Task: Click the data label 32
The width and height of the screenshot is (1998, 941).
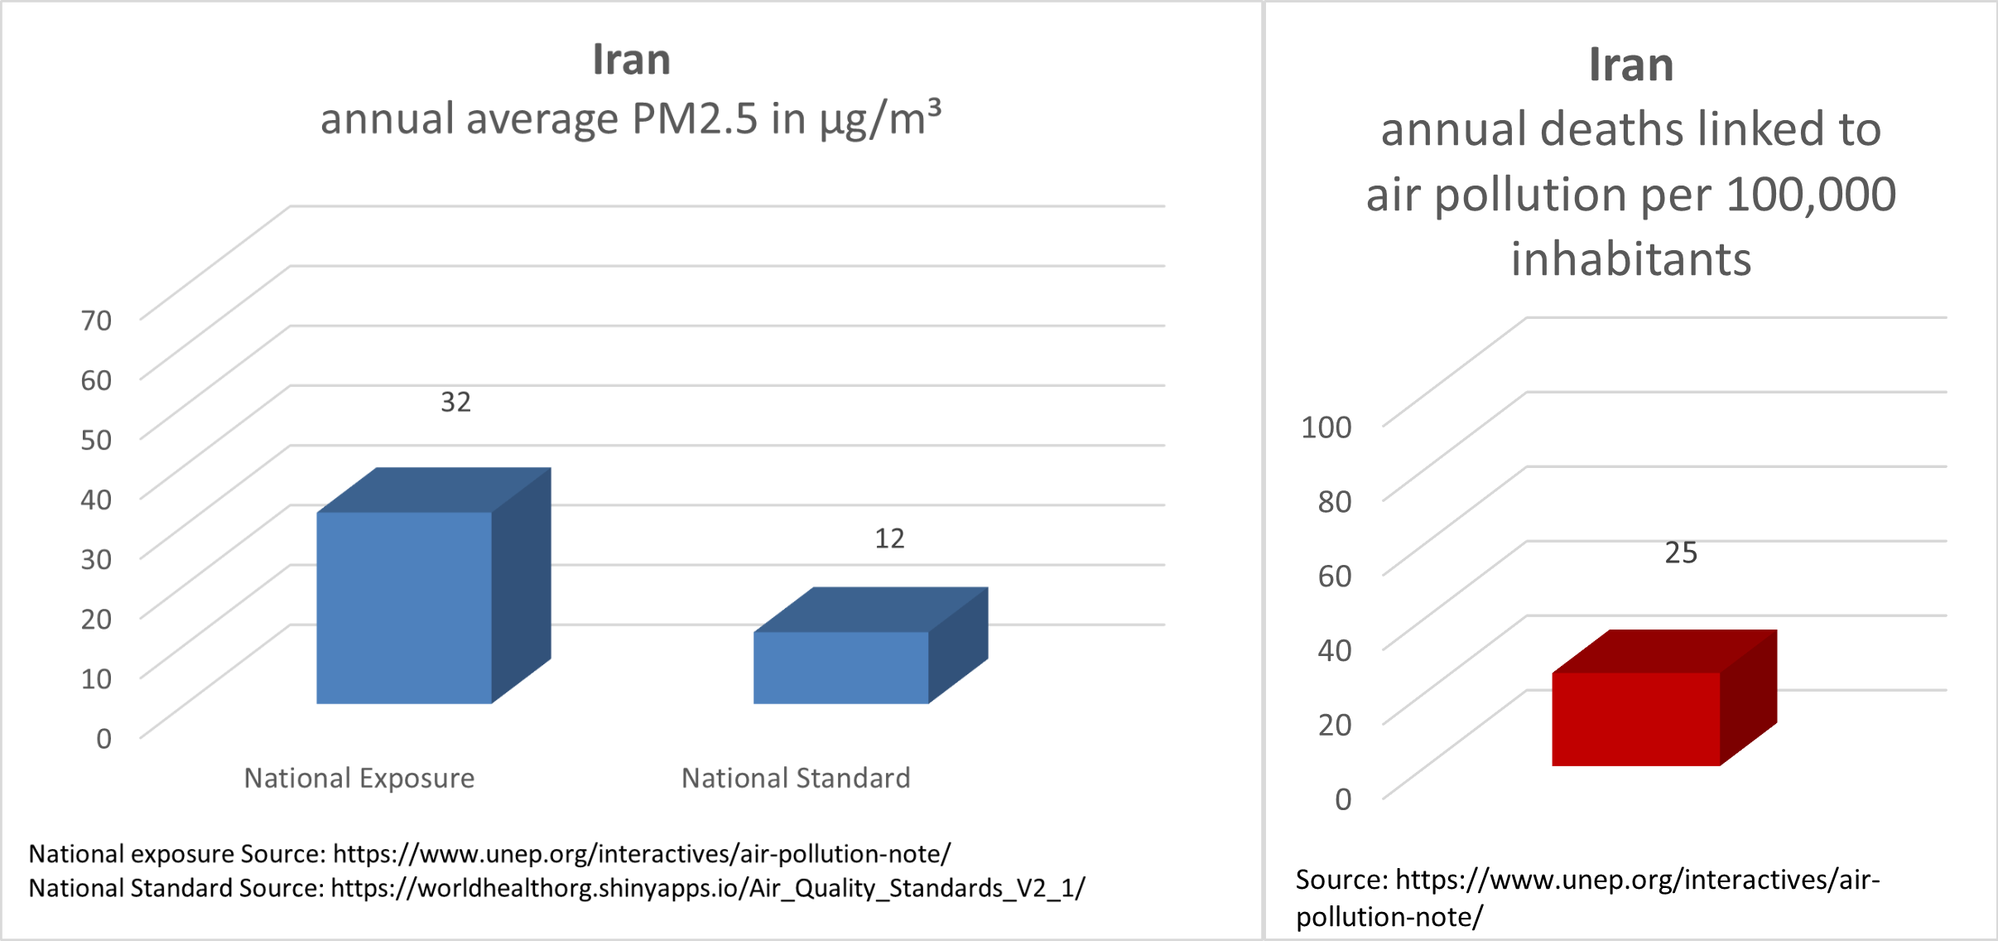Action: click(x=455, y=402)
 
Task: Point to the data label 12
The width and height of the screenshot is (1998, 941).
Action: click(x=890, y=538)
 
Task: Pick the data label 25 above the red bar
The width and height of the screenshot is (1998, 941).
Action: click(x=1681, y=553)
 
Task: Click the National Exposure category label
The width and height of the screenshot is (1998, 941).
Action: click(x=359, y=778)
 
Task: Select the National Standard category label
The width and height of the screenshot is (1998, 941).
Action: click(x=796, y=778)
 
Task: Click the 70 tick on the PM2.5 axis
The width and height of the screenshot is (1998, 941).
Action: click(x=96, y=320)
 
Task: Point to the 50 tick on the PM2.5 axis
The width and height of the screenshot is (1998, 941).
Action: click(x=96, y=439)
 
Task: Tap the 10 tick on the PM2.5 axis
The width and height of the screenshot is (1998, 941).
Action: click(x=96, y=678)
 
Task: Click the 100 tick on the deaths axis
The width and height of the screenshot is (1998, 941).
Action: click(x=1326, y=427)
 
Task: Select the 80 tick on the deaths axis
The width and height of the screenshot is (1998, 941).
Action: click(x=1335, y=501)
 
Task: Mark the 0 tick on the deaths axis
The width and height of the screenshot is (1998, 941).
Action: click(x=1343, y=799)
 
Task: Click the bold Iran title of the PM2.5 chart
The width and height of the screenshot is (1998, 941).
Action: click(x=632, y=60)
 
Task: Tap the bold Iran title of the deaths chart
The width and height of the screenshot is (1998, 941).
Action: click(x=1631, y=65)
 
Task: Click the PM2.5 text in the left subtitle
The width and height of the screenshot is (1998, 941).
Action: click(x=695, y=118)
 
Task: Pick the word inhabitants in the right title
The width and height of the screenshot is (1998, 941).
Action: click(x=1631, y=258)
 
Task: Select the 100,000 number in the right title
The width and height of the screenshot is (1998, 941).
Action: click(x=1811, y=195)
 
